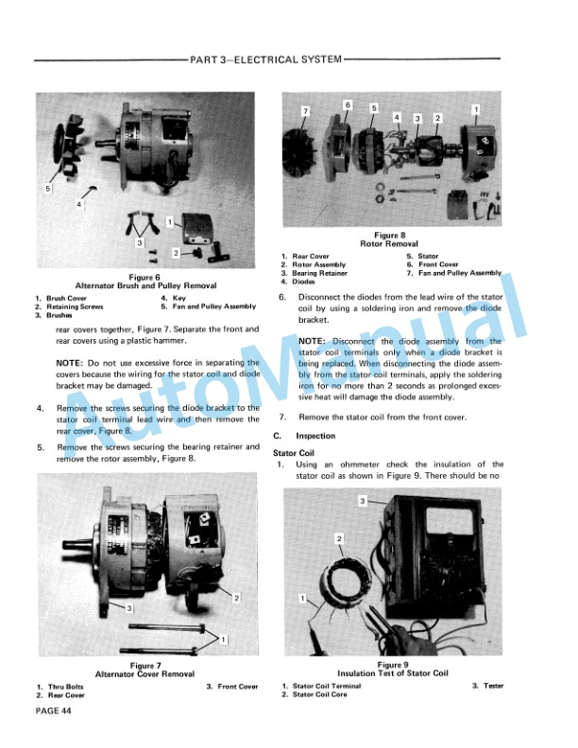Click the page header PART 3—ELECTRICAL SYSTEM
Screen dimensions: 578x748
coord(265,59)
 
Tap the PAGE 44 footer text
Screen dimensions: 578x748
coord(54,711)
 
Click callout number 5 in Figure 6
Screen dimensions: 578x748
coord(47,189)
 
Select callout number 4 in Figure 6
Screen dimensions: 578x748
coord(79,204)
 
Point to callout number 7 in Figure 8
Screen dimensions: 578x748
coord(306,111)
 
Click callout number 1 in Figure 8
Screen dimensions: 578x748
coord(475,110)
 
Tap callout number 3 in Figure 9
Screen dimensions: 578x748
coord(363,501)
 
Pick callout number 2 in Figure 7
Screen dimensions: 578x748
coord(236,598)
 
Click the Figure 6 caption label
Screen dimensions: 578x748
coord(144,277)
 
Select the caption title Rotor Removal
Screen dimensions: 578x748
coord(389,244)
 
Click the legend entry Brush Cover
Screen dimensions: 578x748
coord(66,298)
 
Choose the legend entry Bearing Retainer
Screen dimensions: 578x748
coord(319,273)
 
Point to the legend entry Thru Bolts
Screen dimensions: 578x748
coord(66,687)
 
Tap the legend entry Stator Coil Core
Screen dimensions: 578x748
coord(319,694)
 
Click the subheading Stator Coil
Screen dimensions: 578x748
coord(294,453)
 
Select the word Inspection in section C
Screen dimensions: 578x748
coord(315,436)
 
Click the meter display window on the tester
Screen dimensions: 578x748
coord(449,520)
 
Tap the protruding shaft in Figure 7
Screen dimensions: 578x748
coord(80,544)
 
